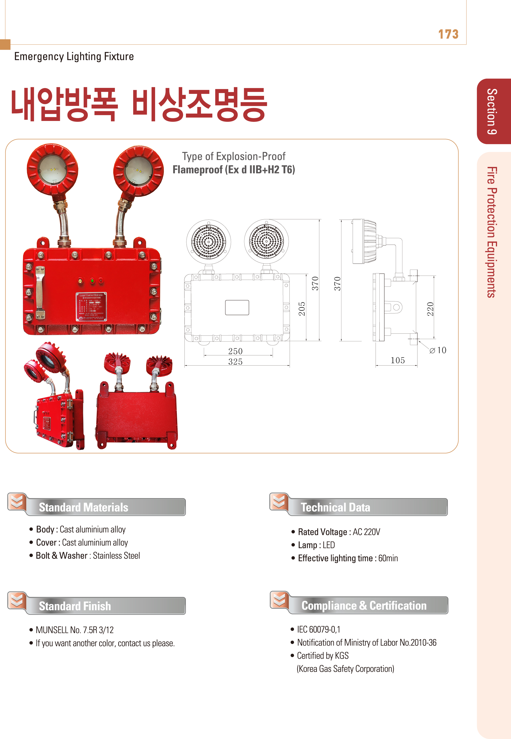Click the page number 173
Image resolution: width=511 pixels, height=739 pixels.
click(x=448, y=34)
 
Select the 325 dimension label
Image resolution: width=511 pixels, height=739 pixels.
click(x=235, y=362)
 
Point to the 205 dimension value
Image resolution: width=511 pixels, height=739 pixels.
click(x=302, y=309)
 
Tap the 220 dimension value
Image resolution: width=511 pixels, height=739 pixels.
click(x=430, y=309)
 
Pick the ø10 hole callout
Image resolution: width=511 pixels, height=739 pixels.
click(x=438, y=350)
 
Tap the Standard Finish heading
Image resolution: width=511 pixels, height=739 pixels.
click(x=75, y=606)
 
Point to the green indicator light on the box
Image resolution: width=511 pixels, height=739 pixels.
click(x=92, y=281)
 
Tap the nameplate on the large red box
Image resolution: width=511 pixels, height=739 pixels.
click(x=91, y=306)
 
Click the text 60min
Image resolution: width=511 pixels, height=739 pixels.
click(x=388, y=558)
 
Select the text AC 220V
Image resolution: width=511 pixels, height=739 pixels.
click(x=366, y=532)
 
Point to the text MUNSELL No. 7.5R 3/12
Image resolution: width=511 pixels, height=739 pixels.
click(x=75, y=630)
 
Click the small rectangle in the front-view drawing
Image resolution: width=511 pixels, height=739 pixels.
click(x=237, y=307)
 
